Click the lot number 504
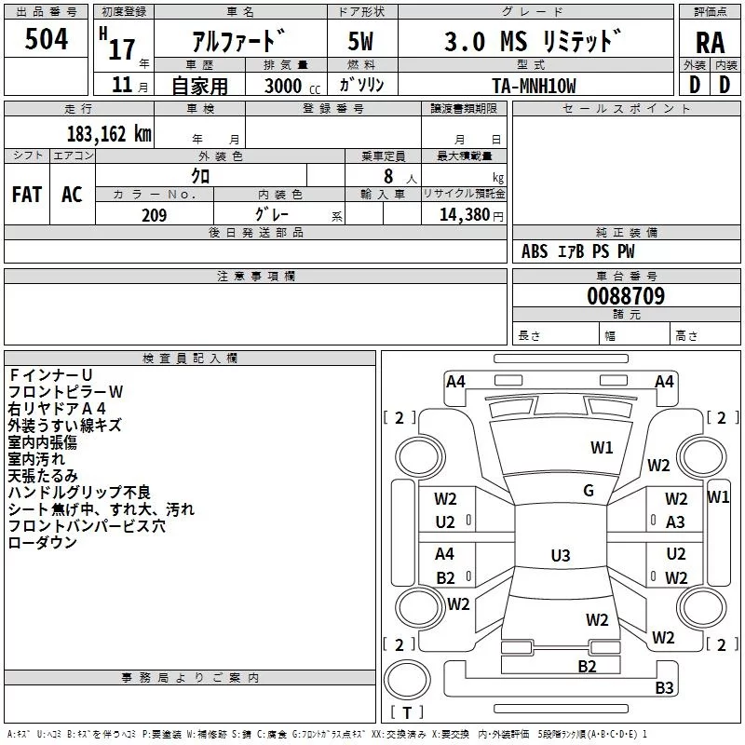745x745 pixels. [x=47, y=39]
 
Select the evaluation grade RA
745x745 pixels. [x=710, y=44]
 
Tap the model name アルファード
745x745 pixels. [x=238, y=42]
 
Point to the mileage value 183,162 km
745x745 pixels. [x=109, y=134]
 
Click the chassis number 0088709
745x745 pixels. [x=626, y=296]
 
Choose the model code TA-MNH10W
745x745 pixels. [x=534, y=86]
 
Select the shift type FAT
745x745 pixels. [x=27, y=195]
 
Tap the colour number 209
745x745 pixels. [x=154, y=215]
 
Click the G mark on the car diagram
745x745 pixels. [x=589, y=491]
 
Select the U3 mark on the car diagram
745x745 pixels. [x=560, y=556]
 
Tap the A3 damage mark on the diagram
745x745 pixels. [x=675, y=522]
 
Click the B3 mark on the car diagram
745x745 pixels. [x=664, y=688]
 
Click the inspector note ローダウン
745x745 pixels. [x=43, y=542]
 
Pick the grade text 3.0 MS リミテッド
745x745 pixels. [x=531, y=42]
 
